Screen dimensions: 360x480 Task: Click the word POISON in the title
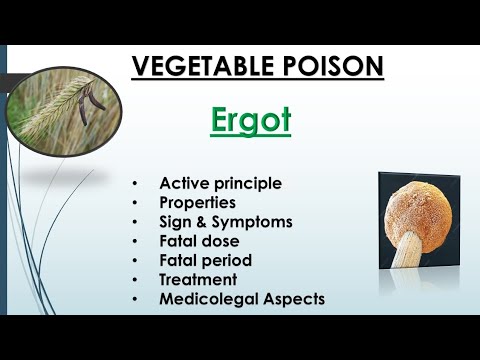[x=333, y=67]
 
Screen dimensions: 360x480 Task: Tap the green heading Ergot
[x=251, y=121]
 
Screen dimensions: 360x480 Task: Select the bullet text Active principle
[x=220, y=183]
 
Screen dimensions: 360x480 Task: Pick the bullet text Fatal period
[x=206, y=260]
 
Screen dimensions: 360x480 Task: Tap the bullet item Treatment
[x=198, y=280]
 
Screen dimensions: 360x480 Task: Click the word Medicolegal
[x=207, y=299]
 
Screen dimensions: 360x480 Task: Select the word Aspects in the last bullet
[x=291, y=299]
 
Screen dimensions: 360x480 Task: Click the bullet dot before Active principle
[x=135, y=184]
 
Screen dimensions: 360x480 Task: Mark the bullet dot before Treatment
[x=135, y=280]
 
